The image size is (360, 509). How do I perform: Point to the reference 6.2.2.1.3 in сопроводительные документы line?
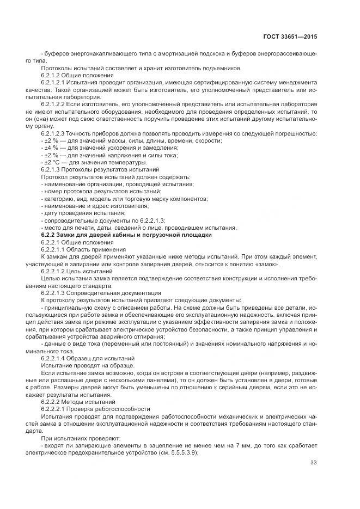[149, 220]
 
